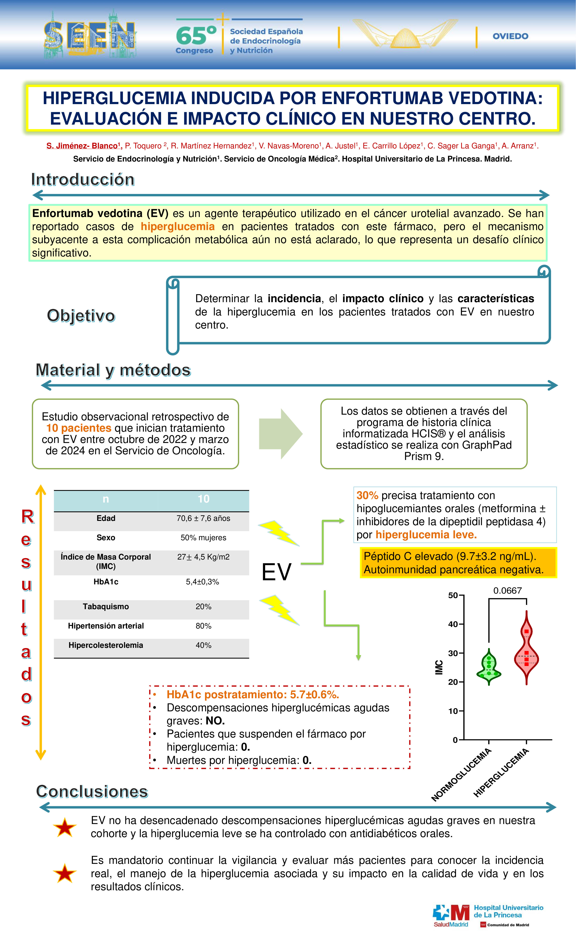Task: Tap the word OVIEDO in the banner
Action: point(510,36)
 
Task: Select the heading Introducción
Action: point(83,179)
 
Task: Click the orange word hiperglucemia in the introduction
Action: point(178,227)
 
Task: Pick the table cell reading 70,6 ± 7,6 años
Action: point(203,518)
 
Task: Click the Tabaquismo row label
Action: point(106,606)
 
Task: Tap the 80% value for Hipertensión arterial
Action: point(203,626)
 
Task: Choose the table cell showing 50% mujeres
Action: point(203,538)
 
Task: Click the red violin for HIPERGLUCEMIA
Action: point(526,649)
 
